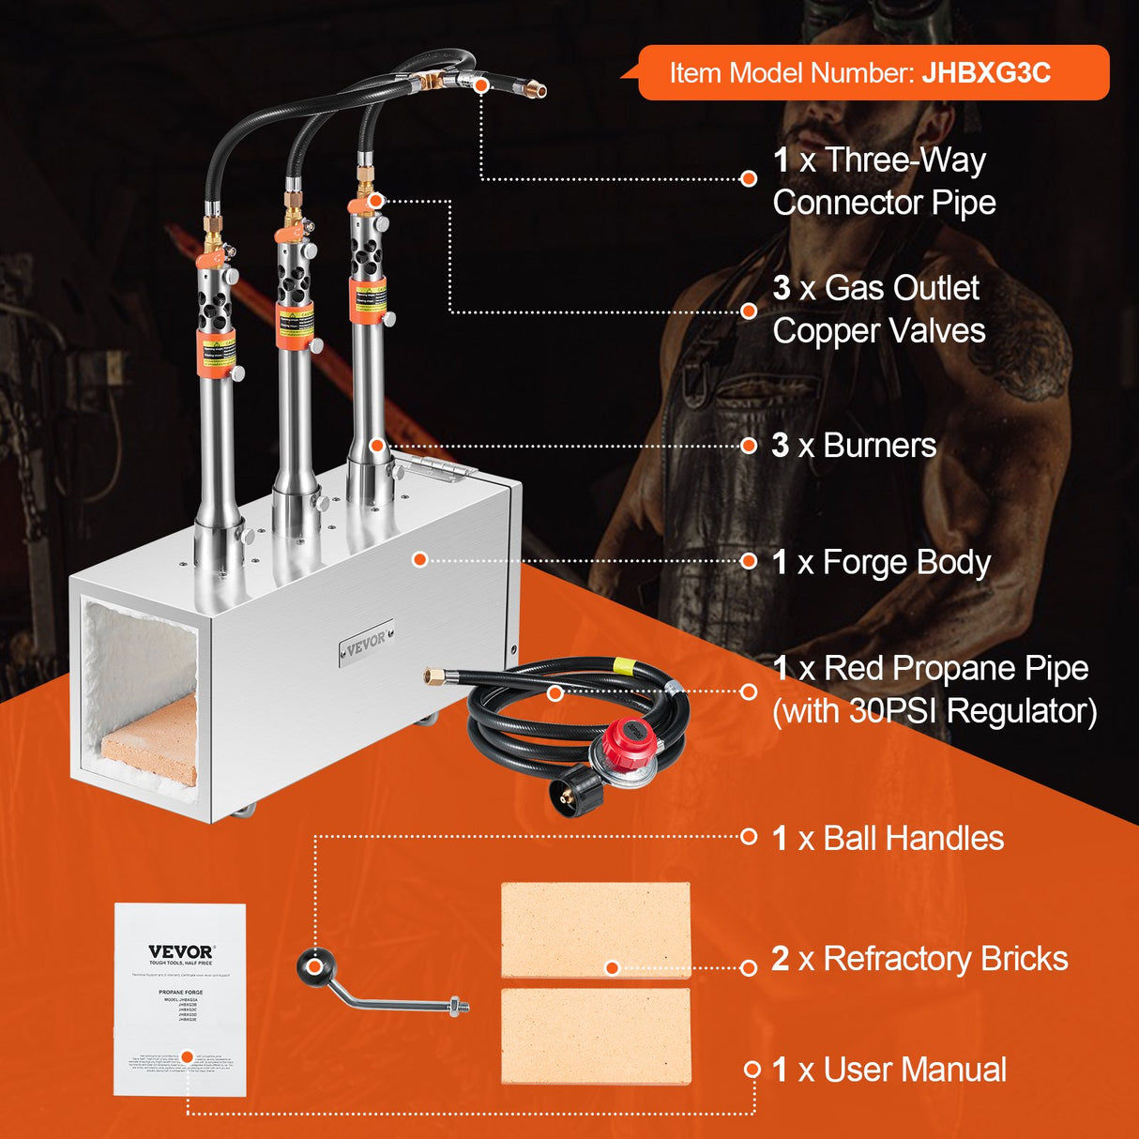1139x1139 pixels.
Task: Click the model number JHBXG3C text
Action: [985, 73]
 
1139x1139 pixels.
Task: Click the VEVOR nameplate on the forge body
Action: [367, 642]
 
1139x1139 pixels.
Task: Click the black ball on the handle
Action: [314, 966]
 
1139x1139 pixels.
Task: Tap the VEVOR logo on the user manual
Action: [181, 951]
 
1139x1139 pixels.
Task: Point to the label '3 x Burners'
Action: [853, 446]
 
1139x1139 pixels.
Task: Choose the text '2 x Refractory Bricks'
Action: [919, 959]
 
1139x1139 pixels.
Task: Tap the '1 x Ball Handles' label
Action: [887, 838]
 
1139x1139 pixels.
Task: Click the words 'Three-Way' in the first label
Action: [904, 160]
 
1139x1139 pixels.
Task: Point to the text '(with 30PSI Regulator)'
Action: [934, 711]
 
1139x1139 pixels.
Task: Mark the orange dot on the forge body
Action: [420, 560]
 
